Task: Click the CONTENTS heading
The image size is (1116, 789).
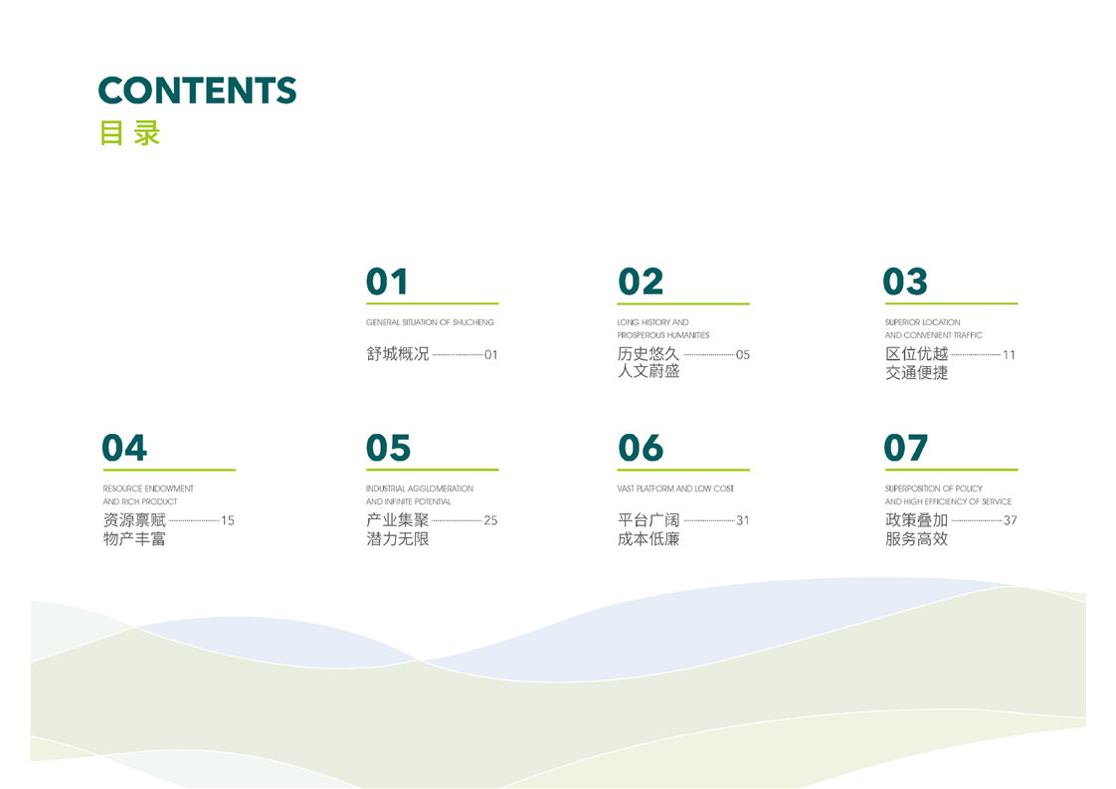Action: tap(197, 91)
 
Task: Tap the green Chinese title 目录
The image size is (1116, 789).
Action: tap(130, 133)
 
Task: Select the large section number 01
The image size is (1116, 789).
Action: tap(387, 282)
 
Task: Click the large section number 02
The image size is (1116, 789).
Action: tap(641, 282)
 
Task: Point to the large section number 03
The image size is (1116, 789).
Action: tap(905, 282)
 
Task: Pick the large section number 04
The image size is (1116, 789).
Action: tap(124, 448)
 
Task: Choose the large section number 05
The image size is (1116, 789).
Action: tap(389, 448)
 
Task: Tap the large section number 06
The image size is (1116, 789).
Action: tap(641, 448)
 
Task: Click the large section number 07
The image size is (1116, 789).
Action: tap(905, 448)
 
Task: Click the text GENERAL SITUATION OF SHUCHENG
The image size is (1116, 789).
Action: tap(430, 322)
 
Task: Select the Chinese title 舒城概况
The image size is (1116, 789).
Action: tap(398, 354)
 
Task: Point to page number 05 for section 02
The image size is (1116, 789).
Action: tap(743, 354)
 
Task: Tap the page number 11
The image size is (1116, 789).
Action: tap(1009, 354)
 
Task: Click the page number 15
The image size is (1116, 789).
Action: tap(228, 520)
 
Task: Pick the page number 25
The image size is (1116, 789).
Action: tap(490, 520)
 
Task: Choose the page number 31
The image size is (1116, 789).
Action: tap(743, 520)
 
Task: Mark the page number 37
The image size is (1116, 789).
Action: tap(1010, 520)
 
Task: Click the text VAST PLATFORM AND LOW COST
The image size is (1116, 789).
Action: tap(675, 489)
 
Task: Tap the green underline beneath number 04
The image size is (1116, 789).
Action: tap(169, 470)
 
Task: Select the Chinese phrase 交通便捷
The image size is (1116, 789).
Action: tap(917, 372)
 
